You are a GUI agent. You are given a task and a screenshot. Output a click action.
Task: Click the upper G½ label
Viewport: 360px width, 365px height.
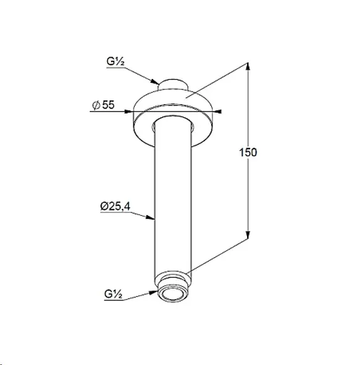(x=115, y=61)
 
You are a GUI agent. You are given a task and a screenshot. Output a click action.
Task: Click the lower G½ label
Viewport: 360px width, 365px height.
(x=113, y=294)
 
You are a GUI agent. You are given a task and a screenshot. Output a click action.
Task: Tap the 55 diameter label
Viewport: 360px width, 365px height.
(x=109, y=105)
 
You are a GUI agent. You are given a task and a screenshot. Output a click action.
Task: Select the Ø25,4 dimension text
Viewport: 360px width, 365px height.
(x=115, y=206)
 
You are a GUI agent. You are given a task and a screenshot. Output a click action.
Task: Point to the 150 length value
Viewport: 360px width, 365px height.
(x=248, y=152)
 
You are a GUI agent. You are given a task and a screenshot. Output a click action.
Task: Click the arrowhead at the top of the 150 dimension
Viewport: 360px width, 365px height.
(x=248, y=66)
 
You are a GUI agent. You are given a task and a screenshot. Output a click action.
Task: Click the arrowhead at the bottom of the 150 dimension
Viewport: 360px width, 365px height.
(x=248, y=235)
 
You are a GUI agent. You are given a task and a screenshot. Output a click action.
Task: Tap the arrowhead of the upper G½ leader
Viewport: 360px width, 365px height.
(x=155, y=82)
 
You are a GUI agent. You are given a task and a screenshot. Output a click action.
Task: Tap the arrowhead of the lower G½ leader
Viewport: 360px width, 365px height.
(x=154, y=292)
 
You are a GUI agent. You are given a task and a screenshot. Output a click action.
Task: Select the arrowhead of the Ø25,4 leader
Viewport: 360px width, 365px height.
(x=150, y=218)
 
